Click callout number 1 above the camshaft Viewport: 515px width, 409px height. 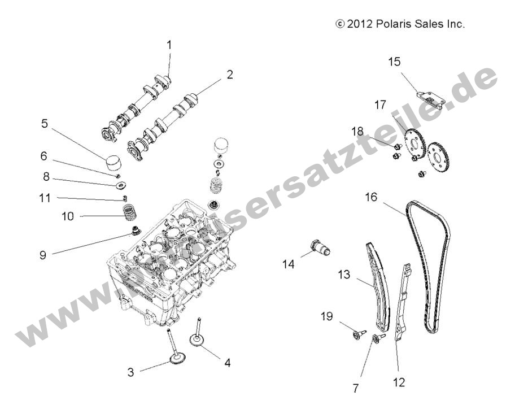pos(169,43)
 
